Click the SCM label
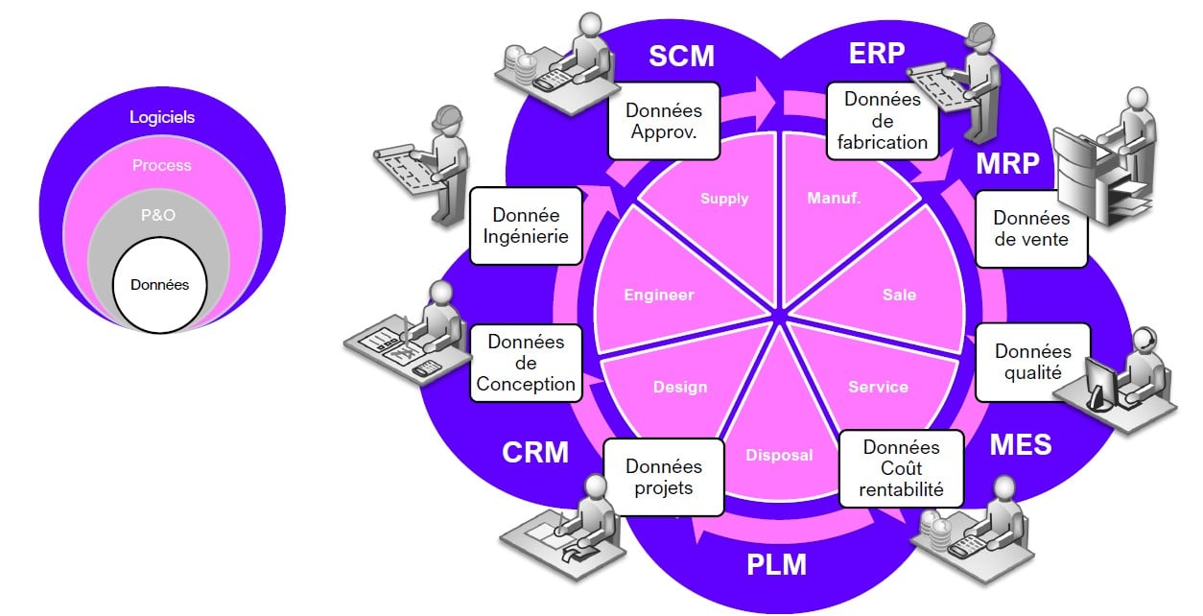[x=682, y=56]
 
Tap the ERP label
[x=877, y=53]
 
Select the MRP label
[x=1007, y=164]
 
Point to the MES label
[x=1021, y=445]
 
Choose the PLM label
[x=777, y=565]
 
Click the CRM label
[x=535, y=452]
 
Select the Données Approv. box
[x=663, y=123]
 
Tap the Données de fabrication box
[x=883, y=121]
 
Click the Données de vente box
[x=1031, y=229]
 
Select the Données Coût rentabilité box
[x=902, y=468]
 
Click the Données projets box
[x=664, y=477]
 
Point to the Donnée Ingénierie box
[x=526, y=226]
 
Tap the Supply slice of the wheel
[x=723, y=199]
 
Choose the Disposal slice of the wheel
[x=779, y=455]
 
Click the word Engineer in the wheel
[x=658, y=295]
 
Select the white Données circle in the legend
[x=160, y=285]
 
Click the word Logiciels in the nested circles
[x=162, y=117]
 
